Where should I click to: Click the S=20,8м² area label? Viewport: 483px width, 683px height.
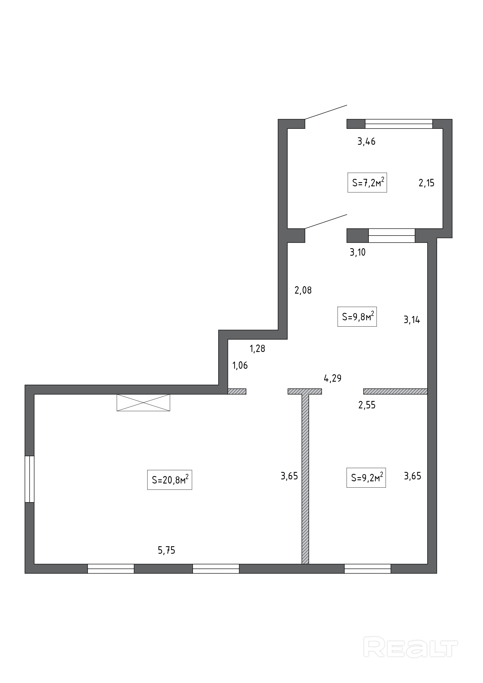(x=170, y=480)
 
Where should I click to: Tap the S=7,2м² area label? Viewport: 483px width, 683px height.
(x=367, y=182)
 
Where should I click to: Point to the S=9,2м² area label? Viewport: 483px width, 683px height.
(x=366, y=477)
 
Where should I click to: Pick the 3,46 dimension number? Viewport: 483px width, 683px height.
(x=366, y=142)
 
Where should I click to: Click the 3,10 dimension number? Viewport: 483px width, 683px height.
(x=358, y=252)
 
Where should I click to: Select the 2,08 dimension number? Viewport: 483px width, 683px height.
(x=303, y=290)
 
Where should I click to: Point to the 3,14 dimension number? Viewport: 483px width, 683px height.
(x=412, y=320)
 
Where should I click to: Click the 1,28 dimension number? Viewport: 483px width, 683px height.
(x=257, y=348)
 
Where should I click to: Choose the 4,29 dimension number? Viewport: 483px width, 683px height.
(x=332, y=378)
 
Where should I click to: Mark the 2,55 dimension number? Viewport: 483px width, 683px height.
(x=367, y=405)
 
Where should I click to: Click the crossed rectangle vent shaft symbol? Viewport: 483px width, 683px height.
(x=143, y=403)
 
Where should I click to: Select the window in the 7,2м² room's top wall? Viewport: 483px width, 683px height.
(x=399, y=124)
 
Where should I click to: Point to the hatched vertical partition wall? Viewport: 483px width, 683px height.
(x=305, y=479)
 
